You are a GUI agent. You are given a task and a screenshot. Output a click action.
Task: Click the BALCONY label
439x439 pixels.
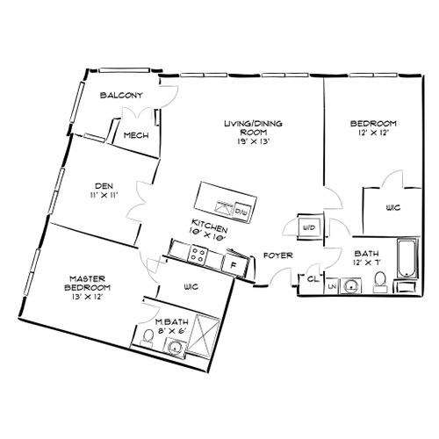tap(121, 95)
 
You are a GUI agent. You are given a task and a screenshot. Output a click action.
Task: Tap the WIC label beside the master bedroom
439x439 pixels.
tap(192, 287)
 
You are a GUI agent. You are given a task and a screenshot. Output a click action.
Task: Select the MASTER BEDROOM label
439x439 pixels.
tap(87, 283)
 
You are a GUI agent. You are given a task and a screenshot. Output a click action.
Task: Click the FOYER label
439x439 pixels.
tap(277, 255)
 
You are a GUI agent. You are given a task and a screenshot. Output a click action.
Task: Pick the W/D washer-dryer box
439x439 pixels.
tap(309, 227)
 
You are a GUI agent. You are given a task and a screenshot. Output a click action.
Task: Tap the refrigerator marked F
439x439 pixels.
tap(234, 263)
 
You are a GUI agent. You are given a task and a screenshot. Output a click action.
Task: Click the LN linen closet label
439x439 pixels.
tap(333, 286)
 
